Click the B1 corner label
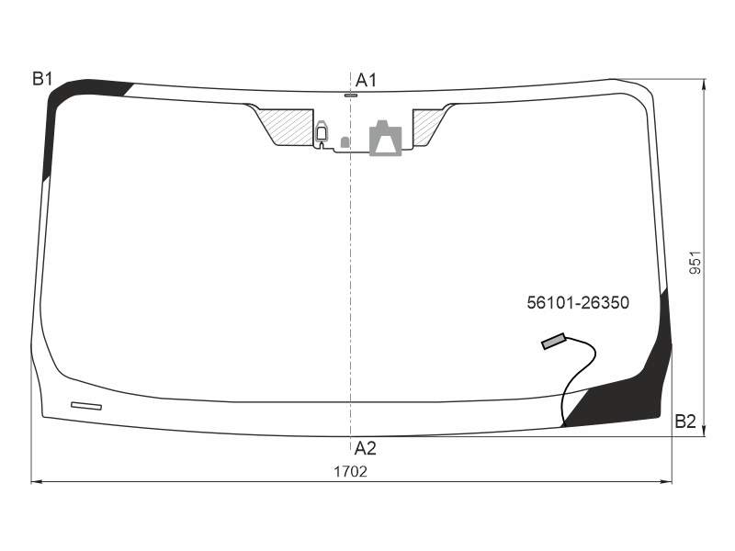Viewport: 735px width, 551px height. [x=42, y=79]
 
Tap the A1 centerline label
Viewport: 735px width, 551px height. [x=366, y=81]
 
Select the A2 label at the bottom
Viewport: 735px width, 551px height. [x=365, y=448]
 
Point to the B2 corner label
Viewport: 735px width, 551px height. [x=684, y=422]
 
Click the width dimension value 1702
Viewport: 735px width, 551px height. [x=350, y=471]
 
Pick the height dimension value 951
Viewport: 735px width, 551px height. [x=695, y=263]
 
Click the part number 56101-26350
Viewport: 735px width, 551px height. [x=578, y=303]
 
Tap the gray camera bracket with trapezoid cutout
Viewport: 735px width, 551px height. [x=385, y=138]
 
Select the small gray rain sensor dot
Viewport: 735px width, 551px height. [x=345, y=142]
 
